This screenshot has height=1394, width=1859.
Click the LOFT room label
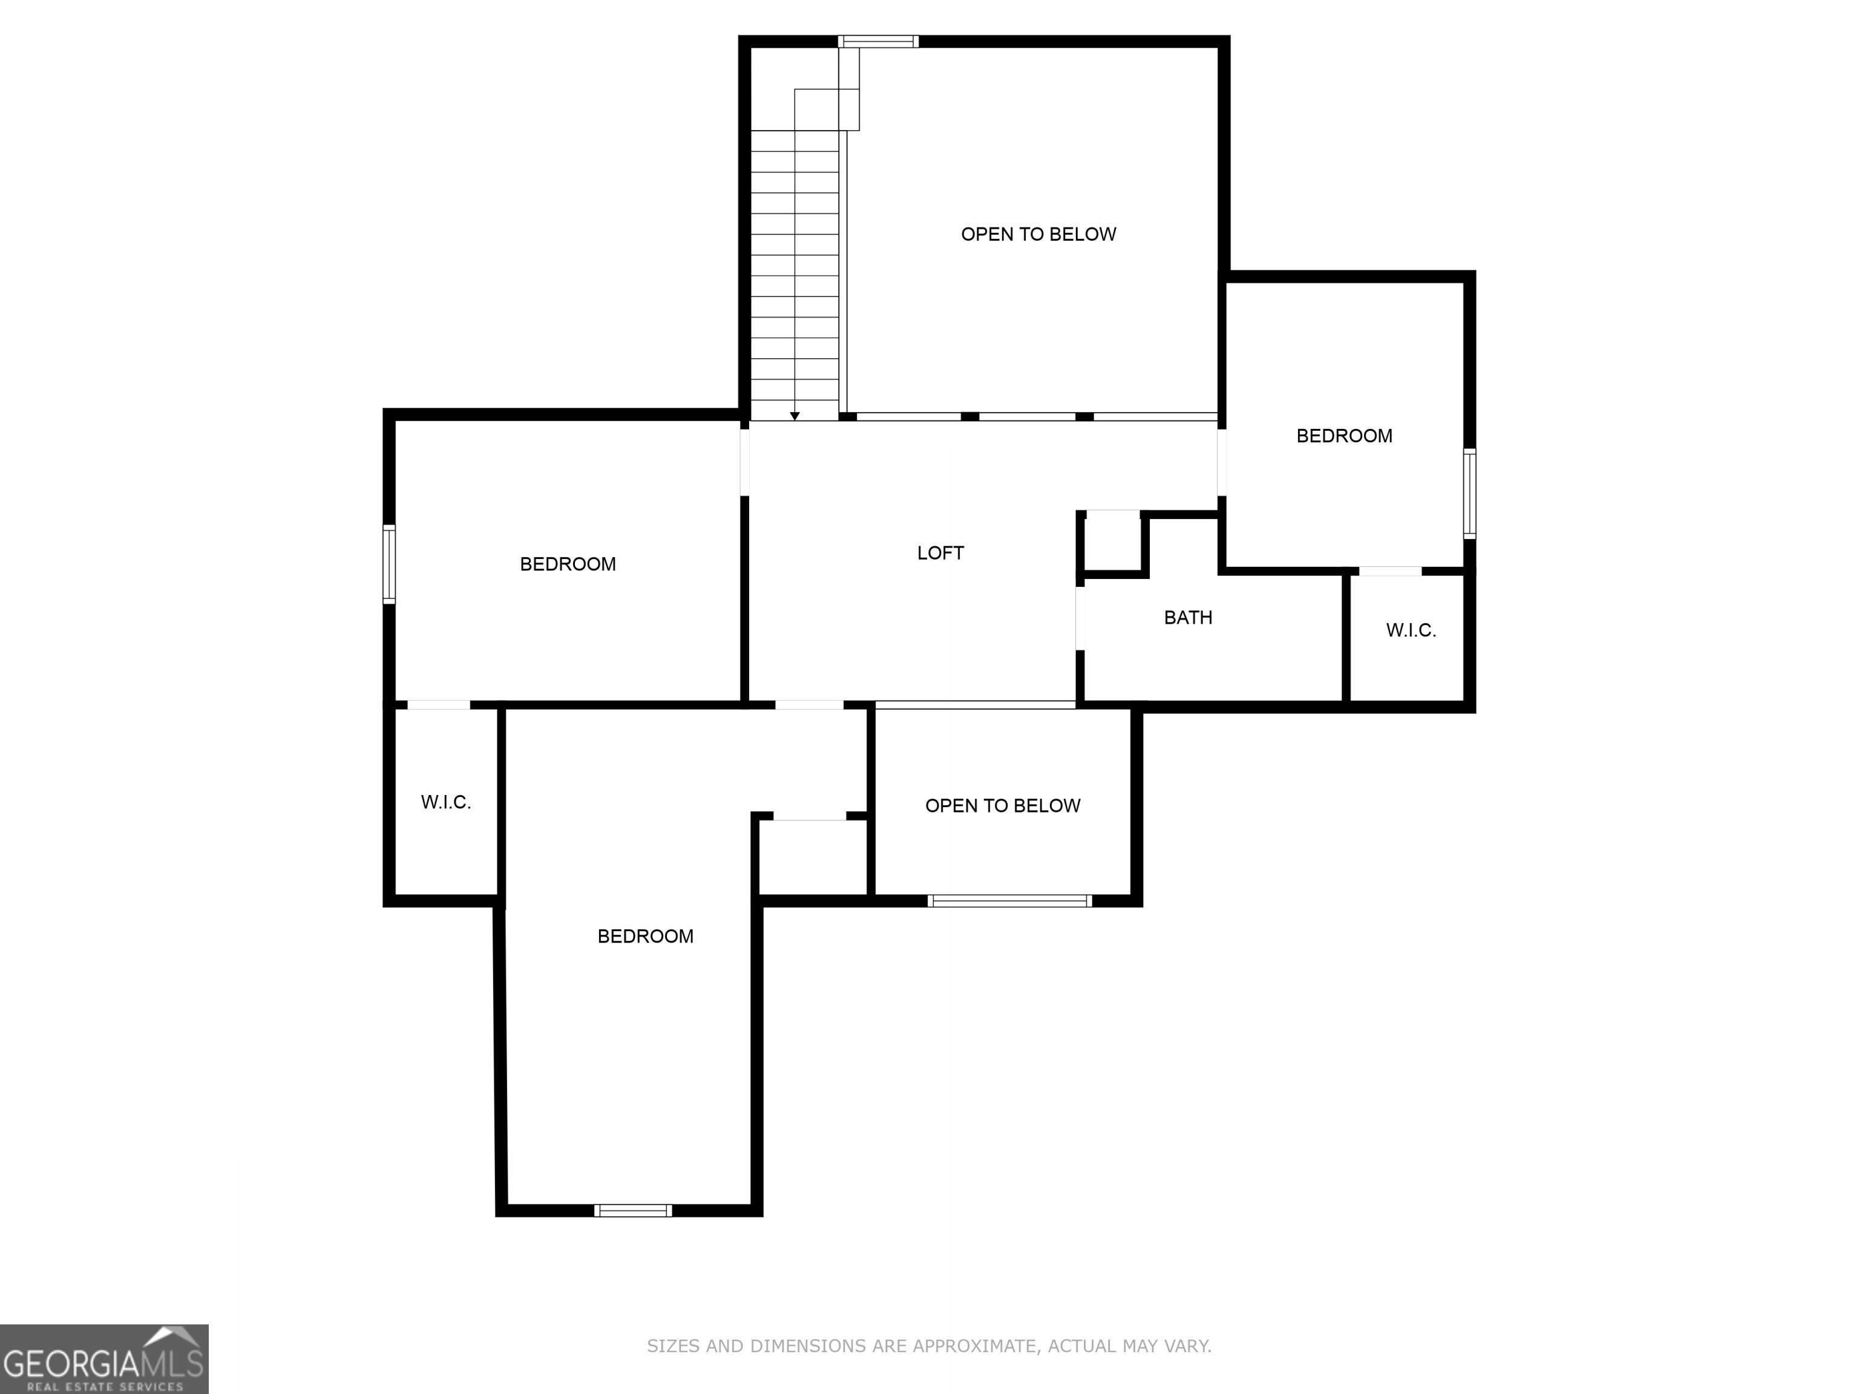coord(940,553)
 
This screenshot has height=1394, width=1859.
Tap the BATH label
coord(1187,618)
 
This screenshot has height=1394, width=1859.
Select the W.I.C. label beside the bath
coord(1410,630)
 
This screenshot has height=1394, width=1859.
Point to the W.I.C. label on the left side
coord(445,802)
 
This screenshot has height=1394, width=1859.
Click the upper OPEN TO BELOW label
coord(1038,234)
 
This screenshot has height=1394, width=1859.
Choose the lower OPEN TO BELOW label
coord(1002,806)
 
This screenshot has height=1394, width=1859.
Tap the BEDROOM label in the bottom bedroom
coord(644,936)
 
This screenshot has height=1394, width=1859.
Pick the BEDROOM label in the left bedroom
coord(567,564)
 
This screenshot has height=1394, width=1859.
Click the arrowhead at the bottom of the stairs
coord(794,416)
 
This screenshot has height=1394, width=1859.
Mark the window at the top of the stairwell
coord(877,42)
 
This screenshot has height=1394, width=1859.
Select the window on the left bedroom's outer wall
coord(389,564)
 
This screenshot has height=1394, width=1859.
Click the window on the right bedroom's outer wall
coord(1469,493)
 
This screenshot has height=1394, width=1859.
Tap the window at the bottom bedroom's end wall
coord(633,1210)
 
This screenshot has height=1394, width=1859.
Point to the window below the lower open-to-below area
coord(1009,901)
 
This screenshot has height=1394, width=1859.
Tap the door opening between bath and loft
coord(1080,618)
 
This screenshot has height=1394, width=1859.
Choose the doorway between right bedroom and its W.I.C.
coord(1389,571)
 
